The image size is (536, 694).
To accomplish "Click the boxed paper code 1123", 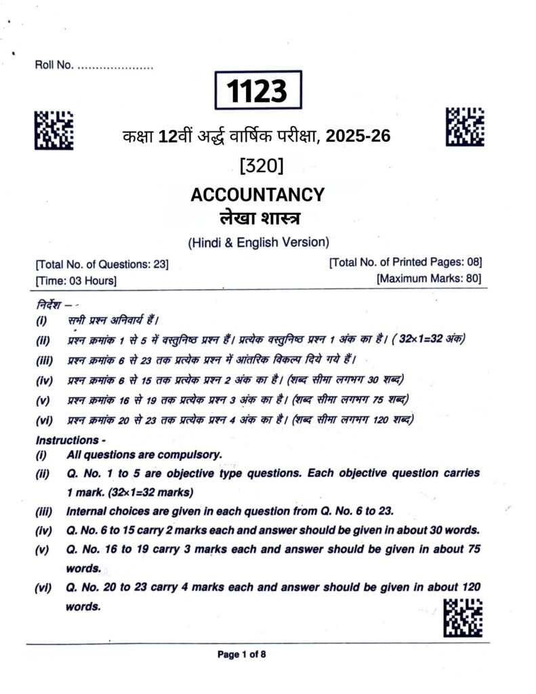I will pyautogui.click(x=258, y=91).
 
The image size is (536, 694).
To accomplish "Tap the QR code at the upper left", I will pyautogui.click(x=54, y=129).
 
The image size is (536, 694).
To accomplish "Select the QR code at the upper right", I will pyautogui.click(x=465, y=126).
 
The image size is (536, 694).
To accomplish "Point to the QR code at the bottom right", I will pyautogui.click(x=463, y=617).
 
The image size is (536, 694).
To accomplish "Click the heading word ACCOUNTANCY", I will pyautogui.click(x=257, y=195).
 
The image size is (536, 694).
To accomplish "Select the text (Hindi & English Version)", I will pyautogui.click(x=257, y=242).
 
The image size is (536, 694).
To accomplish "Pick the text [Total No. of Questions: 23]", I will pyautogui.click(x=102, y=264).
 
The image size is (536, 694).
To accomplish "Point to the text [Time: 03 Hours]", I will pyautogui.click(x=76, y=279).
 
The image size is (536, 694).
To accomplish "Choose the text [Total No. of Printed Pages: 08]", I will pyautogui.click(x=405, y=263).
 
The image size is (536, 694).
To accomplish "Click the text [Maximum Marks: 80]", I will pyautogui.click(x=429, y=279).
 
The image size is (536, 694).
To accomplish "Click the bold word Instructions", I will pyautogui.click(x=66, y=440).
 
